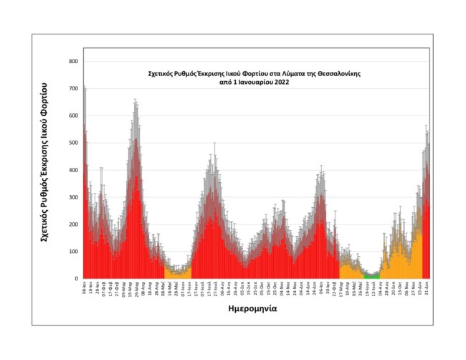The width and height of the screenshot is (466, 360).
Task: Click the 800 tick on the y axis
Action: tap(73, 62)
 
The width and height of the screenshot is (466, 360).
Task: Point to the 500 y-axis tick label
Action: tap(73, 143)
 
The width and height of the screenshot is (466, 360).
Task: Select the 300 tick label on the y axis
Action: tap(73, 197)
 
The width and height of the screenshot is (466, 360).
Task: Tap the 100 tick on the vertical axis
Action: tap(73, 252)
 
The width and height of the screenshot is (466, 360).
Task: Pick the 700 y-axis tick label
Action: tap(73, 89)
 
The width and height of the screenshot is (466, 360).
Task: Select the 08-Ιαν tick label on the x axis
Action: tap(85, 288)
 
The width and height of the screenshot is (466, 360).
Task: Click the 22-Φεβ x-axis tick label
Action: tap(335, 288)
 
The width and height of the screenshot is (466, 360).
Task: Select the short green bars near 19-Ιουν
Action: tap(371, 276)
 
